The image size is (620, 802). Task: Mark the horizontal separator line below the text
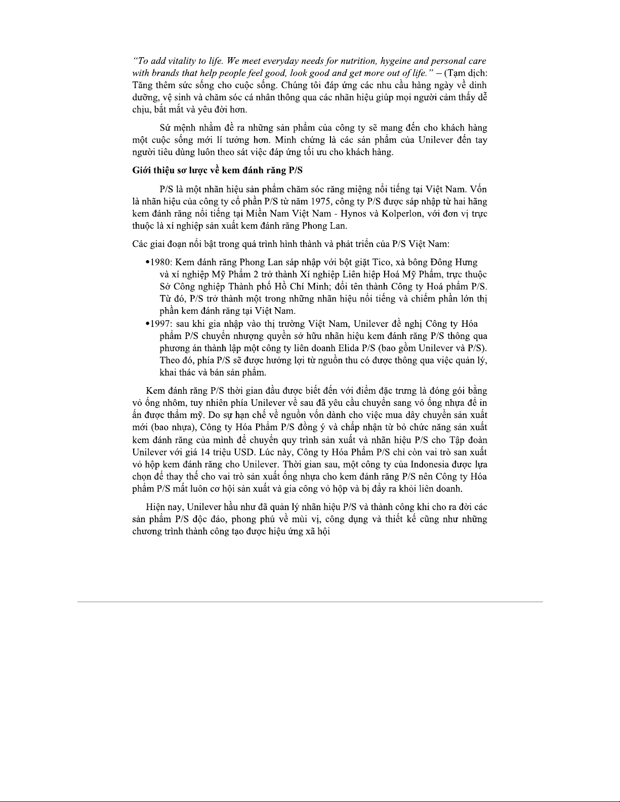click(310, 602)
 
